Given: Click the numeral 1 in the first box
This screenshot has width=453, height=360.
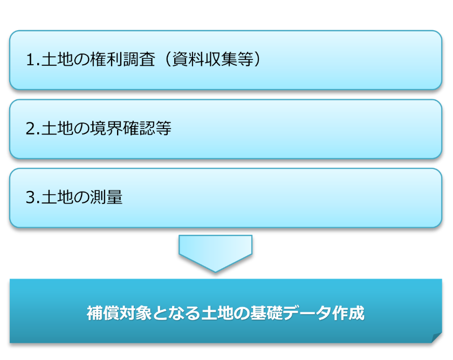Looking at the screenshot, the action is (30, 59).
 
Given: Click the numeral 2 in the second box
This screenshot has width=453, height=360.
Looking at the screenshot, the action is (30, 128).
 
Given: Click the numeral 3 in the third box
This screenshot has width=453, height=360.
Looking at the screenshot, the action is (30, 198).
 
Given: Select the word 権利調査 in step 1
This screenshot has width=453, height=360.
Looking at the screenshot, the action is (123, 59).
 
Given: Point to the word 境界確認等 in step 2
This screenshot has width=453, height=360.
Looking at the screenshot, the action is (131, 128).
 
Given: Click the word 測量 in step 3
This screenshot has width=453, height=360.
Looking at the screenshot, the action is (107, 197).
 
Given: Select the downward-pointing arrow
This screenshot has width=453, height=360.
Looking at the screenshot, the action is (215, 253).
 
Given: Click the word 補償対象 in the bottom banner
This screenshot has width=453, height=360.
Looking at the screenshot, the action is (119, 313).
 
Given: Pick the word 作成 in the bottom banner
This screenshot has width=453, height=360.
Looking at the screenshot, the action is (348, 313).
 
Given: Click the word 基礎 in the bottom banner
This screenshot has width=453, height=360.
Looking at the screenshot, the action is (266, 313).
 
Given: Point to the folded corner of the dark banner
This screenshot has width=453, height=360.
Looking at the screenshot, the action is (437, 338).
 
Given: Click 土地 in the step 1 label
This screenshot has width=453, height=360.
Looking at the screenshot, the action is (57, 59).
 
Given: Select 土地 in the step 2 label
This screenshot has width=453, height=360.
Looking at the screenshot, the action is (57, 128).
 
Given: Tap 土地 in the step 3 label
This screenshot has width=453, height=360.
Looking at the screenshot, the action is (57, 197).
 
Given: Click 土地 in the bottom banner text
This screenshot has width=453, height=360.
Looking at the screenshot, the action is (217, 313).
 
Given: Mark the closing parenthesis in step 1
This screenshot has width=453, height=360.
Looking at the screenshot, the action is (257, 59).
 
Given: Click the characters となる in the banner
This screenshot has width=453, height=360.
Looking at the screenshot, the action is (176, 313).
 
